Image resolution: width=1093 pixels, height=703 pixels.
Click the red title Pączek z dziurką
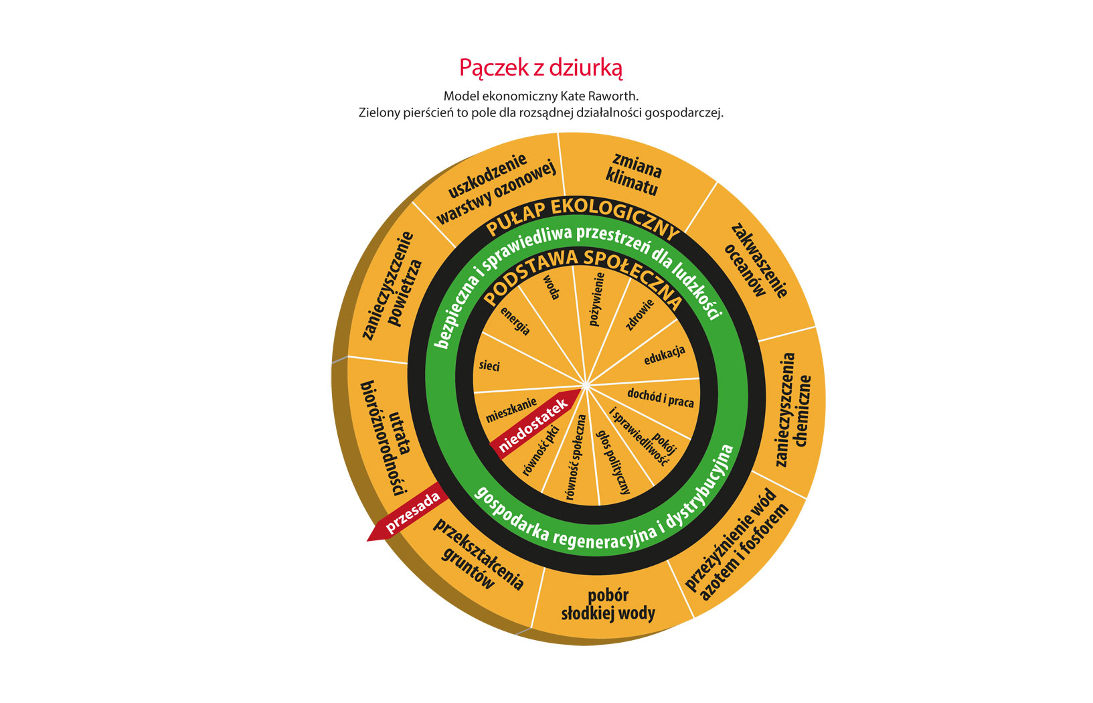coord(541,68)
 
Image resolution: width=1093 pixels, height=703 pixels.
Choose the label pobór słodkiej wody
coord(608,605)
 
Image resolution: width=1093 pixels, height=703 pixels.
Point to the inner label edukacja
coord(664,356)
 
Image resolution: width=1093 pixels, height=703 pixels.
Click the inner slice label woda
coord(551,287)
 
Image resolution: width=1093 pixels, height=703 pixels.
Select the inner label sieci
coord(489,366)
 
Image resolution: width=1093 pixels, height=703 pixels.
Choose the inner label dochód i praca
coord(660,398)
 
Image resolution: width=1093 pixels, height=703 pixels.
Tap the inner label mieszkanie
coord(511,410)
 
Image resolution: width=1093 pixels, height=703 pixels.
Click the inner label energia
coord(515,321)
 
